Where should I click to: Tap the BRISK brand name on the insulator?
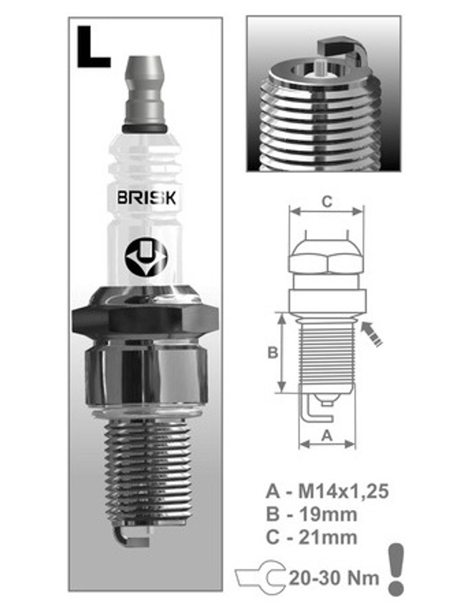[147, 198]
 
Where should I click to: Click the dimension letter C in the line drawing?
[327, 202]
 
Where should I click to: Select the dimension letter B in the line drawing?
[273, 353]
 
